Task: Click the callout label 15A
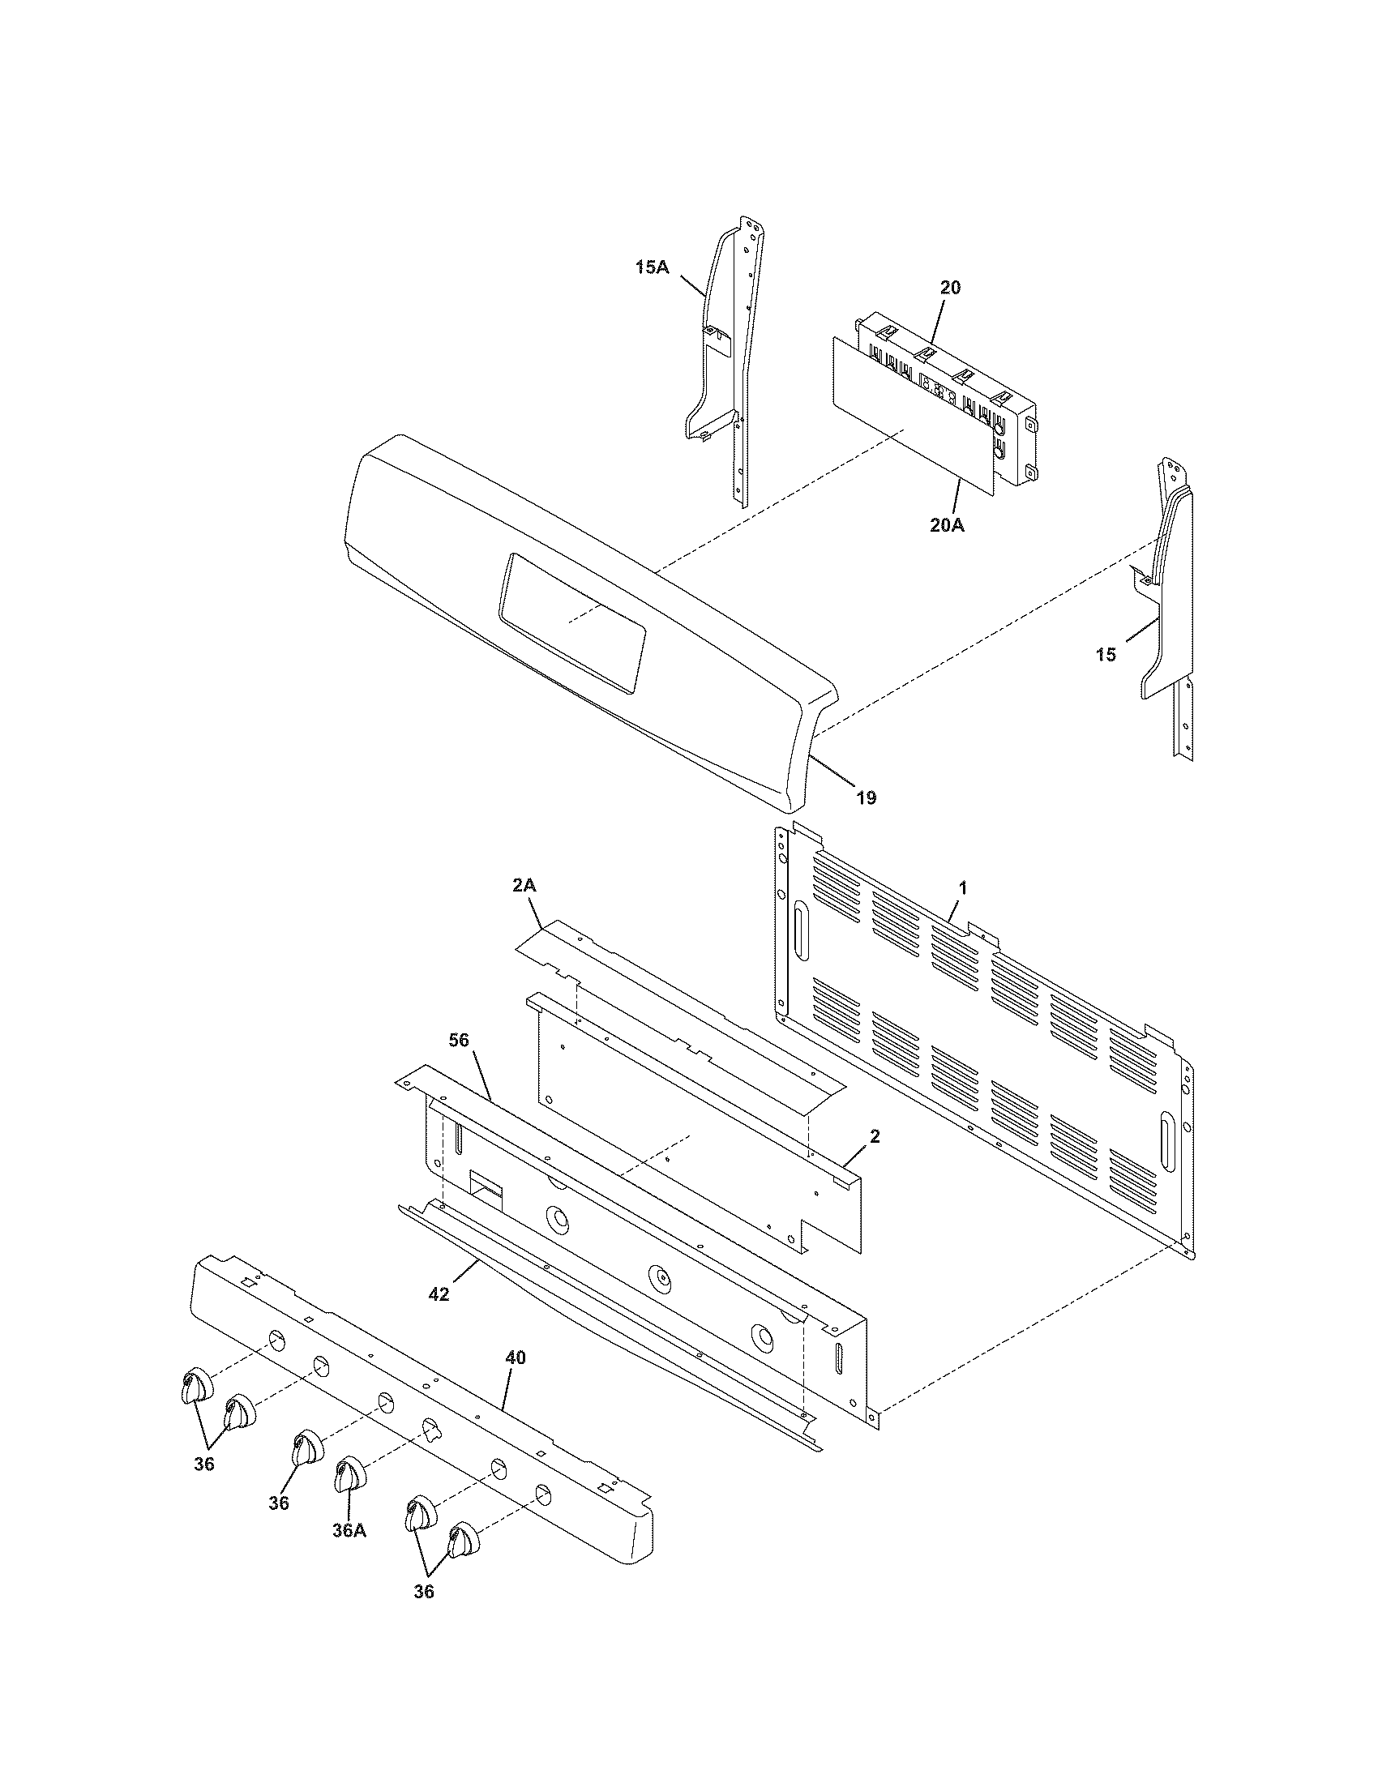coord(652,266)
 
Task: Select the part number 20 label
coord(950,288)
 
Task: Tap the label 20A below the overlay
coord(947,526)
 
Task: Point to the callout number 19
coord(867,797)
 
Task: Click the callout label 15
coord(1106,655)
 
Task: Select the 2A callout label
coord(525,886)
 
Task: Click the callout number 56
coord(460,1039)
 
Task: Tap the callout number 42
coord(439,1294)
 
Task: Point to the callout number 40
coord(515,1357)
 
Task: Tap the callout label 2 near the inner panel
coord(875,1135)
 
